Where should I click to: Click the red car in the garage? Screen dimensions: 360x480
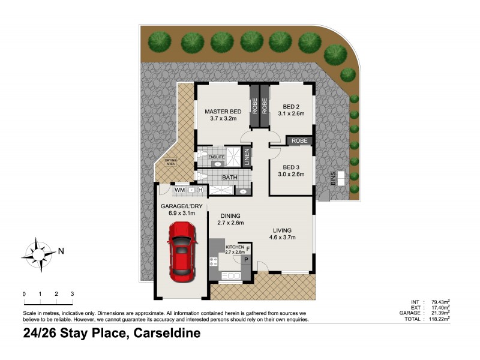click(181, 252)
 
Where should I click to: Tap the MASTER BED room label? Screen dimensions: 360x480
click(223, 112)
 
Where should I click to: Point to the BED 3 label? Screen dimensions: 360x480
click(290, 167)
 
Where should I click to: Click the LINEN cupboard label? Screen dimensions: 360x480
click(247, 157)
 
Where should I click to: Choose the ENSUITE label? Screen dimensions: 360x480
click(217, 157)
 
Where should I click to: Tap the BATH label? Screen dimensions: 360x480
click(229, 178)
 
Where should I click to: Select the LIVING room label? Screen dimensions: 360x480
click(282, 230)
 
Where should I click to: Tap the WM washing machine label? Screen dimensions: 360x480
click(179, 190)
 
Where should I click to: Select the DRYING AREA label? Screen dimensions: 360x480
click(171, 161)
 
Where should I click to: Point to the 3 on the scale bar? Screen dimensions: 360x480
click(72, 294)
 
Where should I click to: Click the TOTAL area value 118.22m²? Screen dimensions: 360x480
click(438, 319)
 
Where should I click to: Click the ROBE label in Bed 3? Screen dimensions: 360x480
click(299, 141)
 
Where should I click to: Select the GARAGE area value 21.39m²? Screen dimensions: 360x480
click(439, 313)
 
